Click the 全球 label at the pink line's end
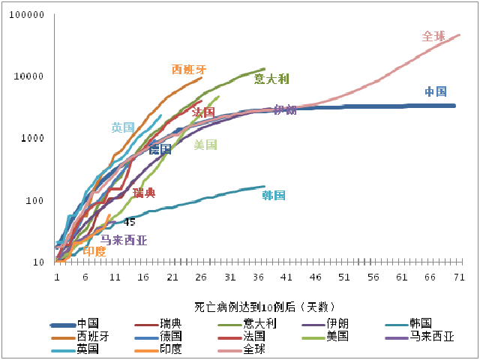433,36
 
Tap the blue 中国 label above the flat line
436,92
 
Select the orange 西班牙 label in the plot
189,70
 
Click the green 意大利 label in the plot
271,79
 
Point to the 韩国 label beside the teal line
274,196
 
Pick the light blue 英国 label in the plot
123,127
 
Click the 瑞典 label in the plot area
144,193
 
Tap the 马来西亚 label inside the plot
124,241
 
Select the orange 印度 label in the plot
94,251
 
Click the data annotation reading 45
129,223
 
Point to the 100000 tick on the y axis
29,15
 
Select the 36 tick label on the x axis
258,277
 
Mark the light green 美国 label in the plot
205,145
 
